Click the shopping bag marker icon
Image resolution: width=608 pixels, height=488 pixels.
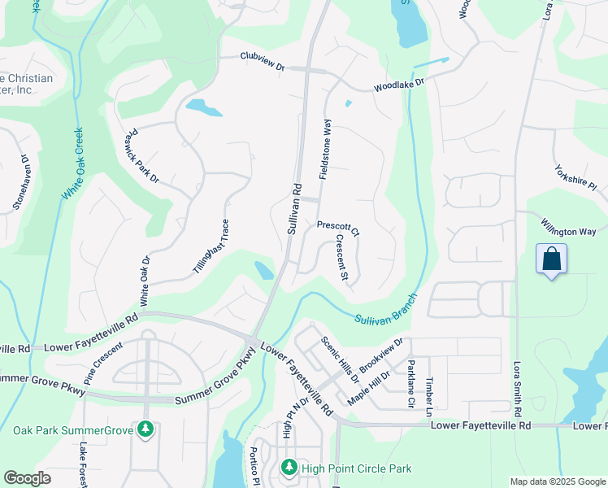click(551, 259)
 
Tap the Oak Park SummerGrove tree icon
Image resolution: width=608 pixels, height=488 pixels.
click(145, 429)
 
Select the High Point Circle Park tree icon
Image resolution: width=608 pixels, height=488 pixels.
click(289, 468)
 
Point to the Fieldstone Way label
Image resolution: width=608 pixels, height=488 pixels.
click(325, 149)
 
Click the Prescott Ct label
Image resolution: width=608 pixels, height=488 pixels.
click(337, 227)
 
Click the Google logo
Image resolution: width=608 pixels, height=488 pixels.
click(27, 478)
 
